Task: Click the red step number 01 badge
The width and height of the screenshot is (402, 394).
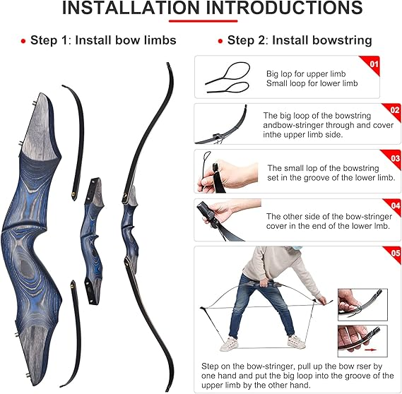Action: (372, 64)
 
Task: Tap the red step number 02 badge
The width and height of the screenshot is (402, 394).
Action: (394, 110)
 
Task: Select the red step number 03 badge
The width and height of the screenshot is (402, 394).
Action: (394, 157)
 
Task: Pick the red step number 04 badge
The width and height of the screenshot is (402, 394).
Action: (394, 205)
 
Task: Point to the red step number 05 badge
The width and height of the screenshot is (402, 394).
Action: (394, 253)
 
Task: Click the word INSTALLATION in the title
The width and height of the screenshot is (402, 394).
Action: (131, 8)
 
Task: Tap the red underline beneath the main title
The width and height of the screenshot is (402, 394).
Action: (203, 21)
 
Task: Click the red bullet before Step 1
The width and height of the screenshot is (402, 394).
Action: (23, 41)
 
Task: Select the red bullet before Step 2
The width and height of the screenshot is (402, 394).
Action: (220, 41)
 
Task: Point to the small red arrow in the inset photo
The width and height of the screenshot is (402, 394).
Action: (370, 350)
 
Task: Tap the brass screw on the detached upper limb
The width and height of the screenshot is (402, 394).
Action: (73, 194)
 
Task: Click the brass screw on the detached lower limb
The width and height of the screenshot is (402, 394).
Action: (73, 284)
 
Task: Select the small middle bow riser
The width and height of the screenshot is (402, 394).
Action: (93, 241)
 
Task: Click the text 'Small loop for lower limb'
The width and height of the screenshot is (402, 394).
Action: (312, 83)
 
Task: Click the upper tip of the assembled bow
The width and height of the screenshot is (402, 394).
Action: (168, 64)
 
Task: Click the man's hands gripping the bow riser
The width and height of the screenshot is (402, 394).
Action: (264, 283)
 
